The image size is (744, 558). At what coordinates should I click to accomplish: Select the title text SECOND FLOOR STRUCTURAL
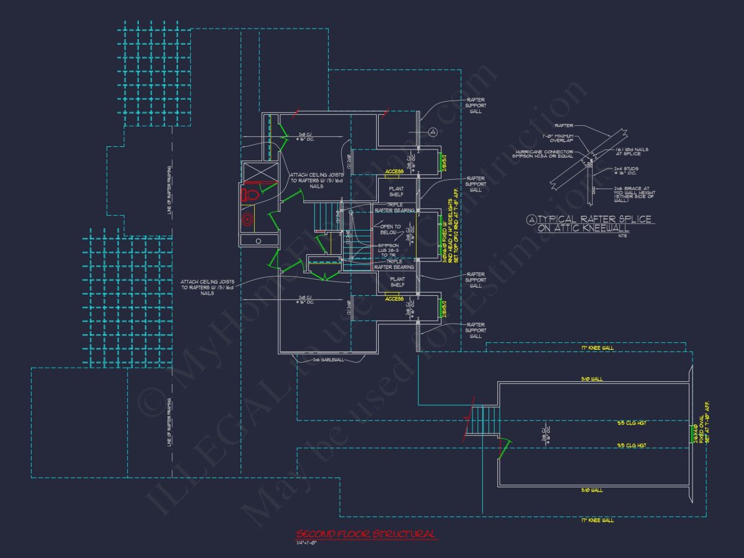366,534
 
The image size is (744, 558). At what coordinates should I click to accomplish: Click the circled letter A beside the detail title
531,219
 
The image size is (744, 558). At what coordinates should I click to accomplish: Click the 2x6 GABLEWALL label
328,360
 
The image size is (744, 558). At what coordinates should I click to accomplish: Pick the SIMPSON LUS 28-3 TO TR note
388,250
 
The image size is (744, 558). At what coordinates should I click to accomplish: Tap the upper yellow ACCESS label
394,171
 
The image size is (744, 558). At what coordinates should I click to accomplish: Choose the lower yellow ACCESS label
394,298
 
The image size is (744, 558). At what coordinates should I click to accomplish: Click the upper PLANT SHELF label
397,190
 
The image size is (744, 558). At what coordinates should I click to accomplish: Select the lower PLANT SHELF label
397,282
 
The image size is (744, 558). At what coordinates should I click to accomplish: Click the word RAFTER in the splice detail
564,125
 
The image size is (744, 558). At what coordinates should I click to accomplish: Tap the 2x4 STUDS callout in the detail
625,171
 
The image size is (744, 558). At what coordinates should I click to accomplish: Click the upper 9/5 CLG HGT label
631,423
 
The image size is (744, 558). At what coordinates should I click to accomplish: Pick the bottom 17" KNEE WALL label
597,520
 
